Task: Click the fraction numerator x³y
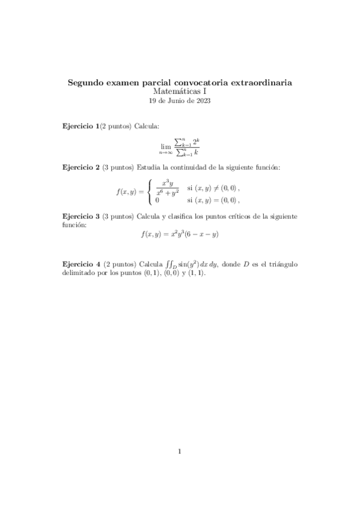click(168, 185)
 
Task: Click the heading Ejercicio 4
click(82, 264)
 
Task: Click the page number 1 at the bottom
click(180, 451)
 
